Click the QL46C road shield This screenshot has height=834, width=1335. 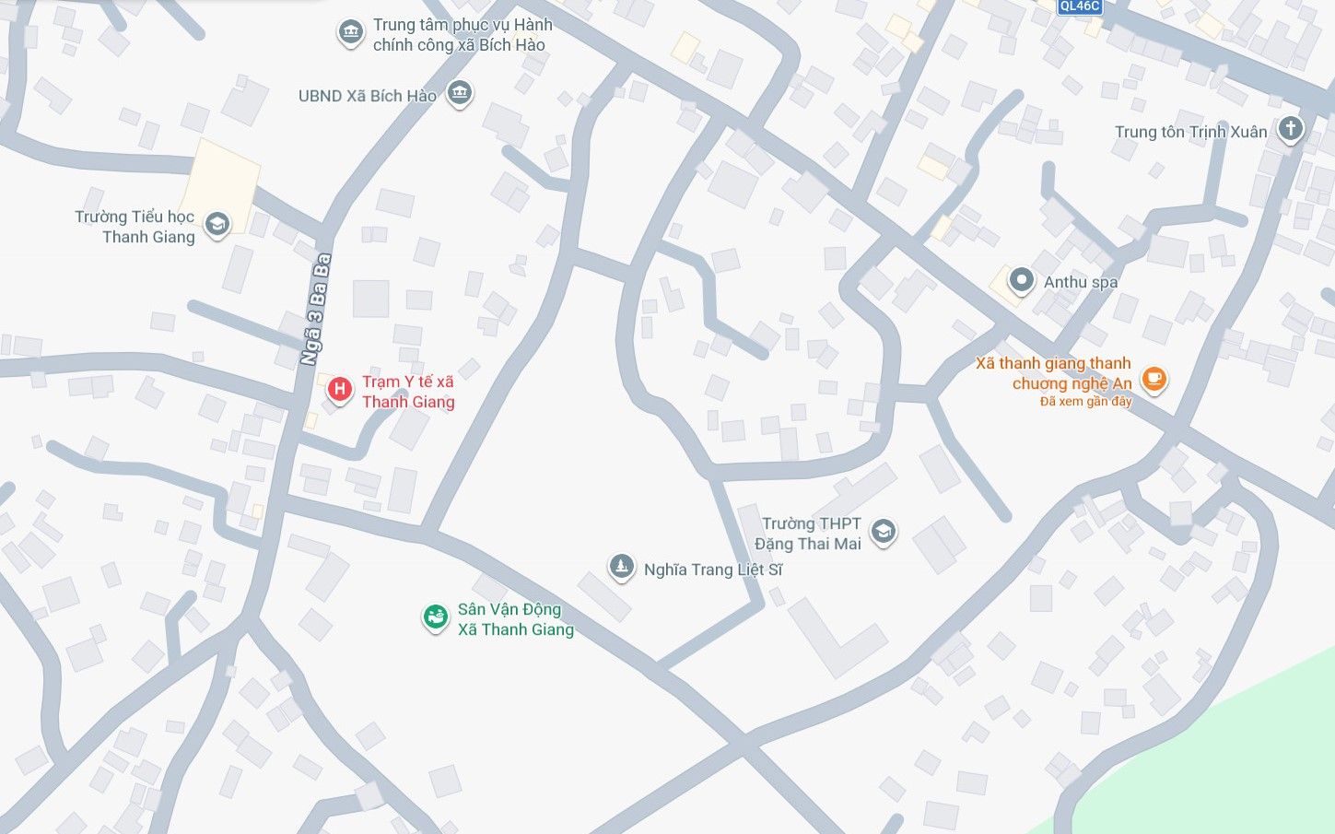pyautogui.click(x=1079, y=6)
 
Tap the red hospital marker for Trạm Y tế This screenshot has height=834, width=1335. pyautogui.click(x=339, y=390)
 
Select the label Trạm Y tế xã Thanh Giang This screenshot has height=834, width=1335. pyautogui.click(x=408, y=392)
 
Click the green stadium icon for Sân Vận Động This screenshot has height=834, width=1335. pyautogui.click(x=435, y=617)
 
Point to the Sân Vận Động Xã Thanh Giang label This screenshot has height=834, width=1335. pyautogui.click(x=515, y=619)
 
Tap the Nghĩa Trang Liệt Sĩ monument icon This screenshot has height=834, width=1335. pyautogui.click(x=622, y=567)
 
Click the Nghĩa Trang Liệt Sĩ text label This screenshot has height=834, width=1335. pyautogui.click(x=713, y=570)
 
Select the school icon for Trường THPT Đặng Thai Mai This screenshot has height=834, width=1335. pyautogui.click(x=883, y=531)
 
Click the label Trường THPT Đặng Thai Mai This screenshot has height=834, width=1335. pyautogui.click(x=808, y=534)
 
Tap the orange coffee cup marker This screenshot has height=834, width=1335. pyautogui.click(x=1153, y=378)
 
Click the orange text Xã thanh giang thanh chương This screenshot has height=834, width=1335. pyautogui.click(x=1054, y=373)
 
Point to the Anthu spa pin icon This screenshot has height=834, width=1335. pyautogui.click(x=1021, y=280)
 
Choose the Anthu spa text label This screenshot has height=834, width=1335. pyautogui.click(x=1081, y=282)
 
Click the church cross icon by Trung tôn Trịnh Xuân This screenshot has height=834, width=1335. pyautogui.click(x=1291, y=128)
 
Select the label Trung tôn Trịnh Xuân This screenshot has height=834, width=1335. pyautogui.click(x=1190, y=132)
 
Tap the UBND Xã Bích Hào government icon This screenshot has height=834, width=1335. pyautogui.click(x=459, y=92)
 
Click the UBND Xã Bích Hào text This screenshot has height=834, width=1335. pyautogui.click(x=367, y=96)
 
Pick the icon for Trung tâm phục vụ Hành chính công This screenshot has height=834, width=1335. pyautogui.click(x=350, y=33)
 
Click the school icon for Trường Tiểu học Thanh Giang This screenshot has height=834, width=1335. pyautogui.click(x=217, y=224)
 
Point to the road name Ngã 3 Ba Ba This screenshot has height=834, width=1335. pyautogui.click(x=315, y=310)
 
